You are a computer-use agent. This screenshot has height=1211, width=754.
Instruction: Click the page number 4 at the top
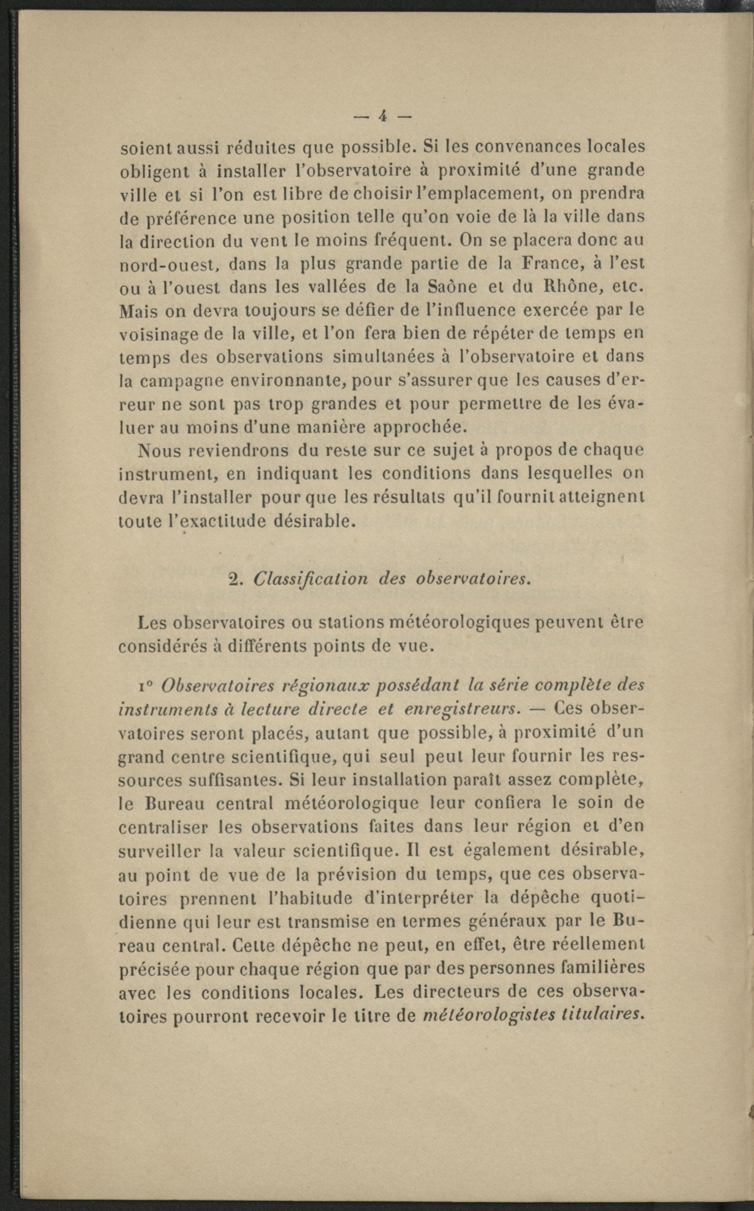383,116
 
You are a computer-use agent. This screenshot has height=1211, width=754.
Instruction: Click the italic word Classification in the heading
311,579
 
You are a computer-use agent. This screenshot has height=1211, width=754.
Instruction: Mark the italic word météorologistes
489,1015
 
